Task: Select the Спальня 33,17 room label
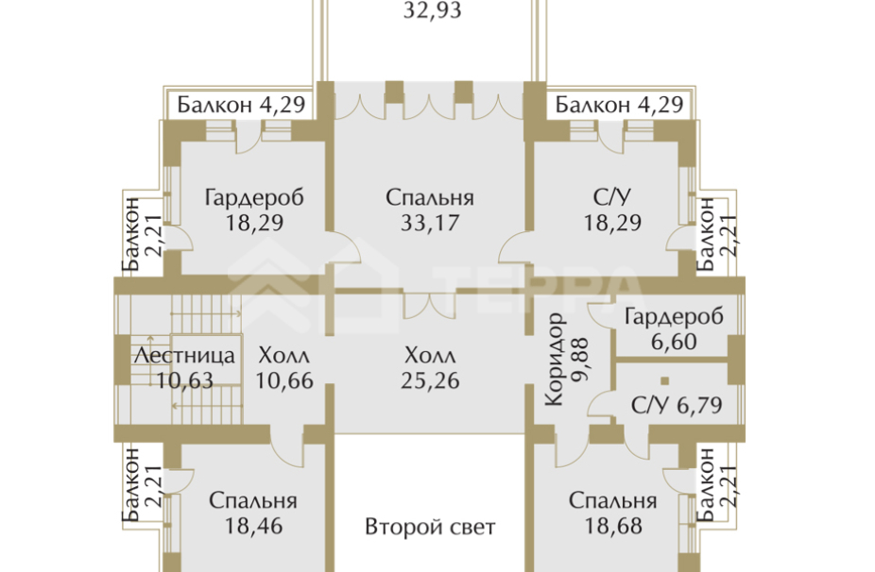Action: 430,210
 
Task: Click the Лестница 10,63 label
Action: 184,368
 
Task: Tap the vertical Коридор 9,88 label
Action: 565,360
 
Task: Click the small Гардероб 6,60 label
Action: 674,328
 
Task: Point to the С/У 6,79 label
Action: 675,407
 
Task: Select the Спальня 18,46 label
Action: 253,513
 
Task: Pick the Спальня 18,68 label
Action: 613,513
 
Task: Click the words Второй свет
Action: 430,527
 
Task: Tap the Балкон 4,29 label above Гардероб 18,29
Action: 241,104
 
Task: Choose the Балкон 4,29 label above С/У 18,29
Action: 619,104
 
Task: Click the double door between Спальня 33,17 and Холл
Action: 417,306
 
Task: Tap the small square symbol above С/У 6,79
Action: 664,381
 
